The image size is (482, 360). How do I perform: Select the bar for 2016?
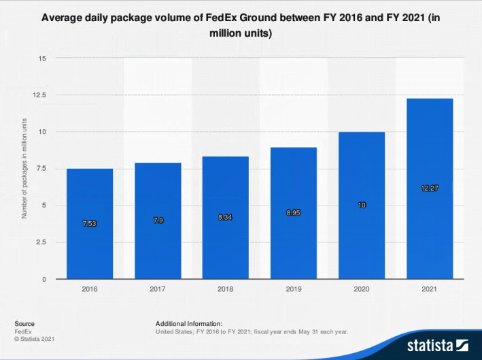(x=90, y=225)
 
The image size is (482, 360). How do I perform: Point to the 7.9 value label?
(x=158, y=221)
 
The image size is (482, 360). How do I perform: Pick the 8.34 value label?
(x=226, y=217)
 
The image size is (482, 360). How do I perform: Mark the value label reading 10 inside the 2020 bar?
(x=362, y=205)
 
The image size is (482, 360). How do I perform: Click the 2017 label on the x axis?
(x=158, y=289)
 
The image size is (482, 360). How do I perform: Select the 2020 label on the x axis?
(x=362, y=289)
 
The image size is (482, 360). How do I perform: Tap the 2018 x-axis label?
(x=226, y=289)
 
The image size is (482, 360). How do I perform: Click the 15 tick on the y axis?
(x=42, y=58)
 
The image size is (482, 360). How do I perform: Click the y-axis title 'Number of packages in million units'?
(x=24, y=168)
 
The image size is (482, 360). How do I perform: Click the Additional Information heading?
(x=189, y=324)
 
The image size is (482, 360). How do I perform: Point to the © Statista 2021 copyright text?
(x=34, y=339)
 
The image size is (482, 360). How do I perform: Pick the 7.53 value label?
(x=90, y=224)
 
